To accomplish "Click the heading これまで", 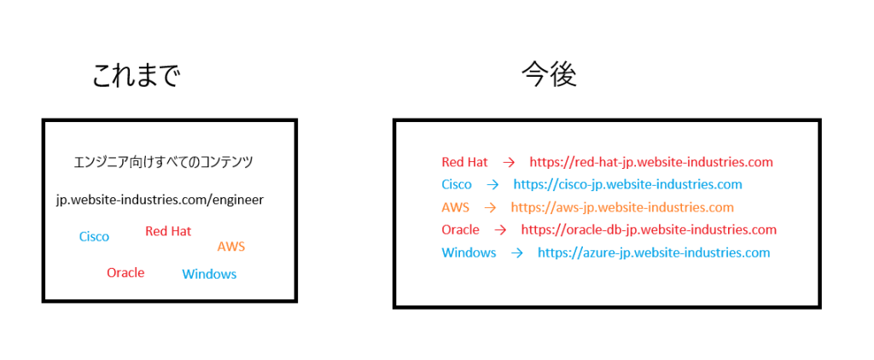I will [137, 77].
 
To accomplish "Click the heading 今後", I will [550, 76].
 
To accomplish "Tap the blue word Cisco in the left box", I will [94, 236].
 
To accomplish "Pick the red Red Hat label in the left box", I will [168, 231].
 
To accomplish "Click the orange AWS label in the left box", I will [231, 247].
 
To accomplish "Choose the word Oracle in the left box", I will [125, 273].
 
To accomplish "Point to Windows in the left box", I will [209, 274].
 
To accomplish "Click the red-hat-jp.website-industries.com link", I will [651, 161].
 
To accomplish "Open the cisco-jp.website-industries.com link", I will [627, 184].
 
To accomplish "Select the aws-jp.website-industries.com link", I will [622, 207].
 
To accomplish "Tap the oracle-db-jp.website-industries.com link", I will [649, 229].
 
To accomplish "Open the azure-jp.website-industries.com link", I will [654, 253].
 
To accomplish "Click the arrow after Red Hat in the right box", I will [509, 161].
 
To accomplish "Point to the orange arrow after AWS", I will [490, 207].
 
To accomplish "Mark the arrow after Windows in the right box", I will [516, 253].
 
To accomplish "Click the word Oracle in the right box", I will [460, 229].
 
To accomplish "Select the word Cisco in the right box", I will [457, 184].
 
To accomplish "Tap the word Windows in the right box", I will [469, 253].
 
